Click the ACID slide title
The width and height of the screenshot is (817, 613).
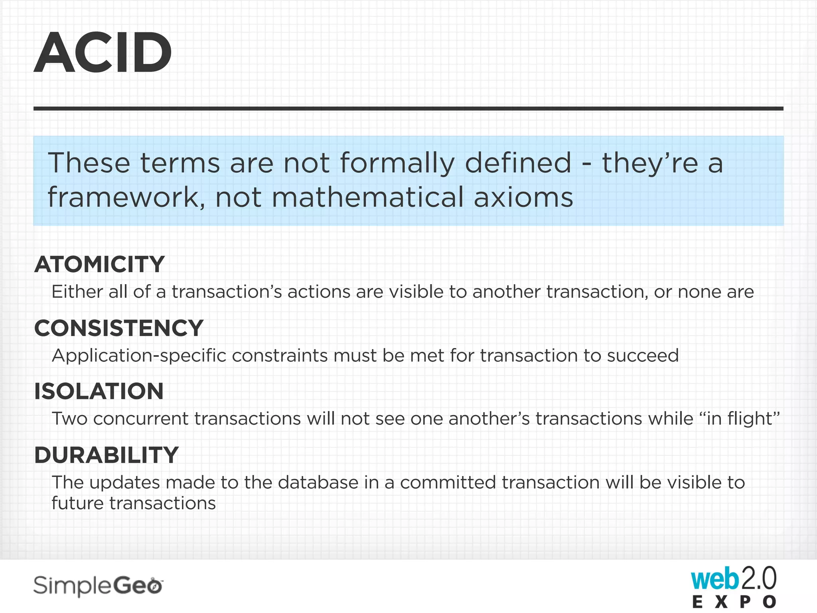click(103, 53)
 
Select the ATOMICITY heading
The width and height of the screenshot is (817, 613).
click(100, 264)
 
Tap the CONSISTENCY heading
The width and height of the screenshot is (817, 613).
click(119, 328)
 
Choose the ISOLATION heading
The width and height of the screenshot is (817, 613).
click(99, 391)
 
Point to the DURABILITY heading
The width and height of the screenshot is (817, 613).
click(107, 455)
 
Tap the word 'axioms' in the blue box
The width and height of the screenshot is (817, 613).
click(523, 197)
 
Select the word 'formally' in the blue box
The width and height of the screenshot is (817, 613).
click(397, 164)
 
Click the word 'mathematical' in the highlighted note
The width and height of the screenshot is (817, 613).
click(367, 197)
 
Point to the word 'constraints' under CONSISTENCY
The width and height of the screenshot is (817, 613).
click(280, 356)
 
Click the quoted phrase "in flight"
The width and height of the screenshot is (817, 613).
click(739, 419)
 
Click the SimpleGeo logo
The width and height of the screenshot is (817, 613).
click(98, 586)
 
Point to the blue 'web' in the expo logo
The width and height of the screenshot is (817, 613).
click(714, 579)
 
